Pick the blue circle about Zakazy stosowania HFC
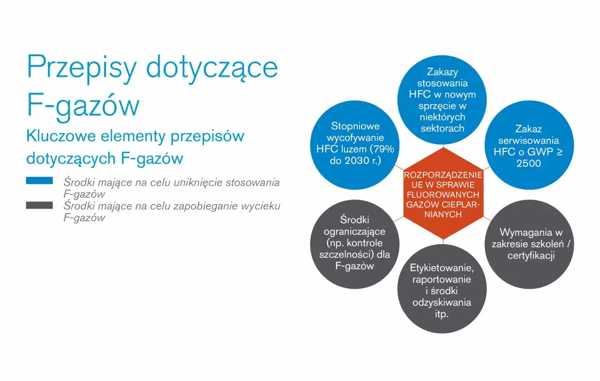point(442,100)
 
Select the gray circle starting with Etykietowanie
point(442,291)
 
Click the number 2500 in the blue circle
point(528,164)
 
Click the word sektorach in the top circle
point(442,128)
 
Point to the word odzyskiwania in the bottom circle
point(442,302)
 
